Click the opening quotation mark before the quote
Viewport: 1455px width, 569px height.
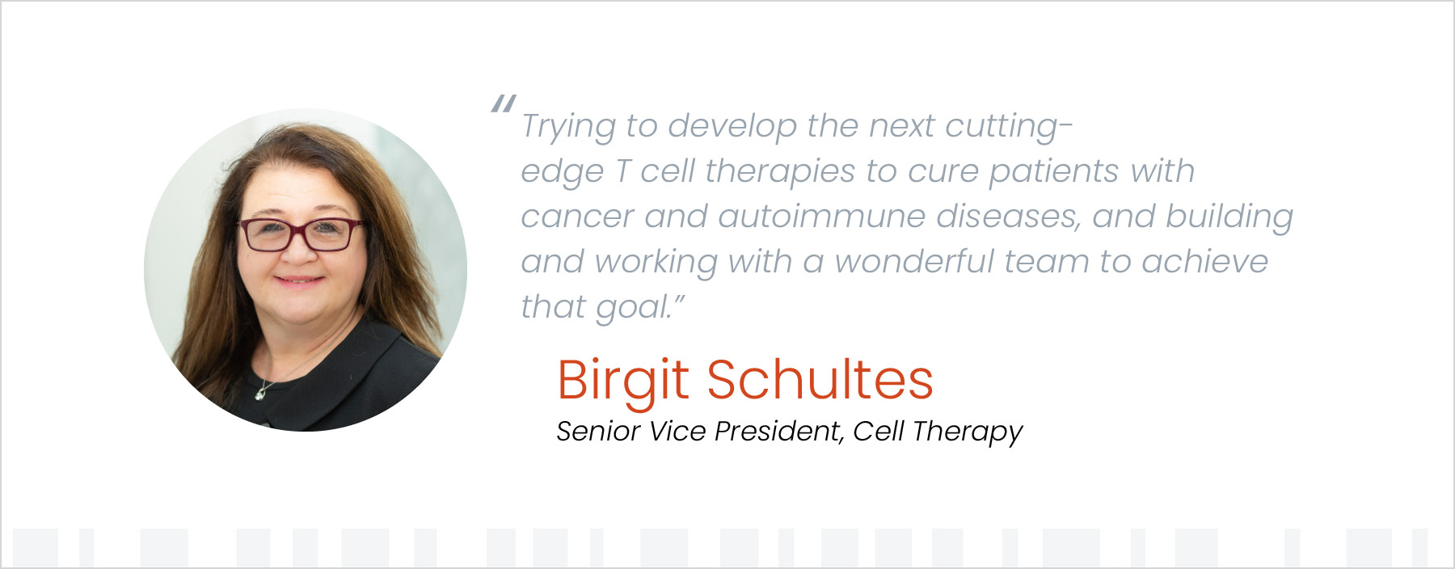click(x=503, y=104)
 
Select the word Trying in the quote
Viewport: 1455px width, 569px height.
click(x=568, y=127)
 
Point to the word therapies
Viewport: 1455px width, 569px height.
click(x=779, y=172)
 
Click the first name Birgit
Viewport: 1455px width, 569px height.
click(x=623, y=381)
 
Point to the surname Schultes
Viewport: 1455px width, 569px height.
click(x=820, y=380)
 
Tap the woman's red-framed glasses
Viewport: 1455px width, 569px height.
click(x=300, y=235)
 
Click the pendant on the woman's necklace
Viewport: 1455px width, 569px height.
click(x=261, y=392)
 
